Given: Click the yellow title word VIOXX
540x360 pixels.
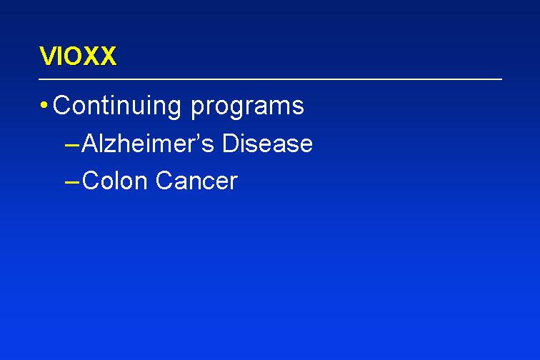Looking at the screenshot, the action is pyautogui.click(x=78, y=56).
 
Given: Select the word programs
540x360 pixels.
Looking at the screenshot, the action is pyautogui.click(x=247, y=108).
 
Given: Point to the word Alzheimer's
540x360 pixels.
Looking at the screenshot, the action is pyautogui.click(x=148, y=143).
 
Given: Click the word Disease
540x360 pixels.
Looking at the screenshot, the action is pyautogui.click(x=268, y=143).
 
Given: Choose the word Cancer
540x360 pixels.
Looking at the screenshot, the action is pyautogui.click(x=196, y=180).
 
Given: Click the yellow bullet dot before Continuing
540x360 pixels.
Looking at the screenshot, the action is pyautogui.click(x=44, y=105).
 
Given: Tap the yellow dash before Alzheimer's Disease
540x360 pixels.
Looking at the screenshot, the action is pyautogui.click(x=72, y=146).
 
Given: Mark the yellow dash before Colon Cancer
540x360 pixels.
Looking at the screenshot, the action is pyautogui.click(x=72, y=183).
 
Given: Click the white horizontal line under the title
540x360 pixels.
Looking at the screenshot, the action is pyautogui.click(x=270, y=79).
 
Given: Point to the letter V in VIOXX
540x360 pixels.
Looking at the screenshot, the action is pyautogui.click(x=48, y=56).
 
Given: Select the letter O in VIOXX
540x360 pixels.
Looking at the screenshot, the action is pyautogui.click(x=74, y=56).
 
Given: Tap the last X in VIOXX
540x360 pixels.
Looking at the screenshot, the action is pyautogui.click(x=108, y=56).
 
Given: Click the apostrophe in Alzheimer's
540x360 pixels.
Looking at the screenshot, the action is pyautogui.click(x=197, y=136).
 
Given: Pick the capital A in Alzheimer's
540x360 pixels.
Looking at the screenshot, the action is pyautogui.click(x=90, y=143).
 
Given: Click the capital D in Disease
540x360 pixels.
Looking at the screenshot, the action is pyautogui.click(x=231, y=143).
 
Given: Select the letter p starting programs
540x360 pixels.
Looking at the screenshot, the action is pyautogui.click(x=197, y=109).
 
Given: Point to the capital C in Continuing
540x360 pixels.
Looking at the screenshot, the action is pyautogui.click(x=63, y=105).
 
